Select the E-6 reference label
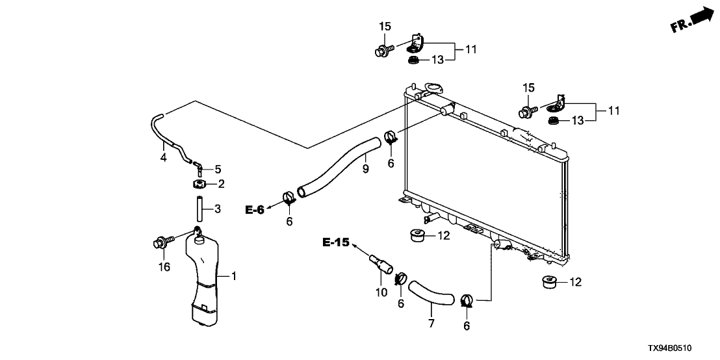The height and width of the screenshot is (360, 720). pos(255,209)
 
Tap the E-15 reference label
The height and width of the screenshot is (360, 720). pos(336,243)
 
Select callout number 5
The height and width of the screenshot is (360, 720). pos(218,168)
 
